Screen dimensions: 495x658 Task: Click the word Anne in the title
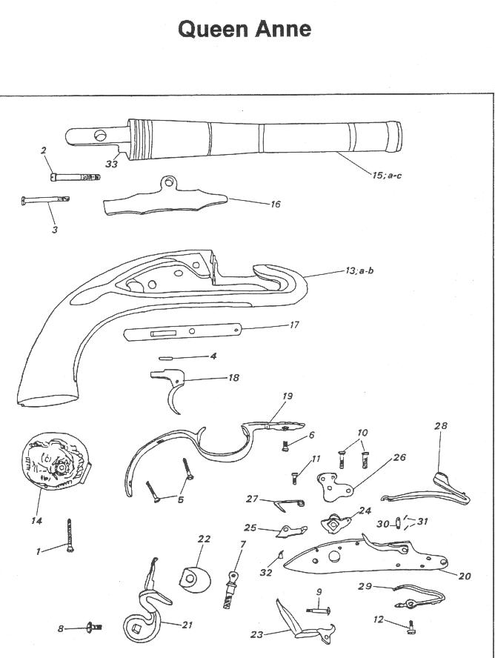282,30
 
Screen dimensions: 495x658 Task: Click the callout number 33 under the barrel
112,164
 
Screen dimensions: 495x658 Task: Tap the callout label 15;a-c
387,175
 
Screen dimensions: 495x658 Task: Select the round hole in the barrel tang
101,136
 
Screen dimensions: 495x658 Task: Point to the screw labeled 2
74,177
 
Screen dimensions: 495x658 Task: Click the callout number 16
275,204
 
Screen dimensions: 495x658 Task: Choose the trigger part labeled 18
170,388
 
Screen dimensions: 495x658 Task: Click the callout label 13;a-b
359,270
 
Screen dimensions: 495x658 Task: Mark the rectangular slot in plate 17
164,333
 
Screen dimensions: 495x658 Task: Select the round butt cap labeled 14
56,461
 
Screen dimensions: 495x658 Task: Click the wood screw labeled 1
70,536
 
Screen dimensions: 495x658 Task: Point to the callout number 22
205,539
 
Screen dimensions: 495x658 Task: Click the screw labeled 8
94,628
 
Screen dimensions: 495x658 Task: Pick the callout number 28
440,426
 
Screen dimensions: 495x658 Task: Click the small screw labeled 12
411,628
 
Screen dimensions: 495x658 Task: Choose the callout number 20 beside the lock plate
465,576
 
